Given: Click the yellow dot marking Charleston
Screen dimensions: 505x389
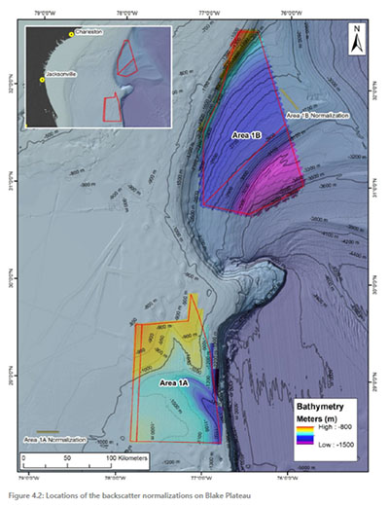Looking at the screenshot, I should click(x=71, y=35).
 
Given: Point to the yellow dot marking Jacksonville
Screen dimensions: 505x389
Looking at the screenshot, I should click(x=42, y=80).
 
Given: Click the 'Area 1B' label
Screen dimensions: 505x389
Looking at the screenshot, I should click(x=249, y=135).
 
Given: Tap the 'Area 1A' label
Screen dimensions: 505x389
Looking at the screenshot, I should click(x=176, y=383).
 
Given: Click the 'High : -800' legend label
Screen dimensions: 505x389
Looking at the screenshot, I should click(x=335, y=428).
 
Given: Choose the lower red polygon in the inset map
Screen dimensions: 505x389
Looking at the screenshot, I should click(x=113, y=107).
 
